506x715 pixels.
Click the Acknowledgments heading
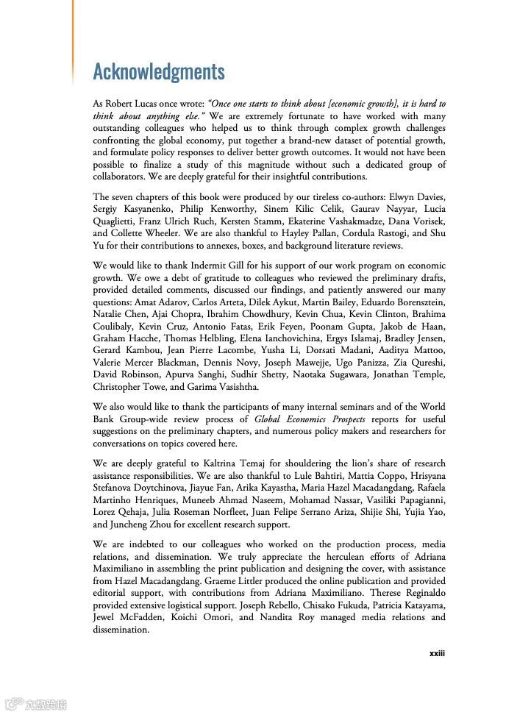pyautogui.click(x=158, y=71)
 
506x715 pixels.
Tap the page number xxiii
pyautogui.click(x=437, y=653)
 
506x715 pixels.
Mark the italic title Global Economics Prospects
pyautogui.click(x=305, y=419)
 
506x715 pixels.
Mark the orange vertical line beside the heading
pyautogui.click(x=73, y=40)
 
